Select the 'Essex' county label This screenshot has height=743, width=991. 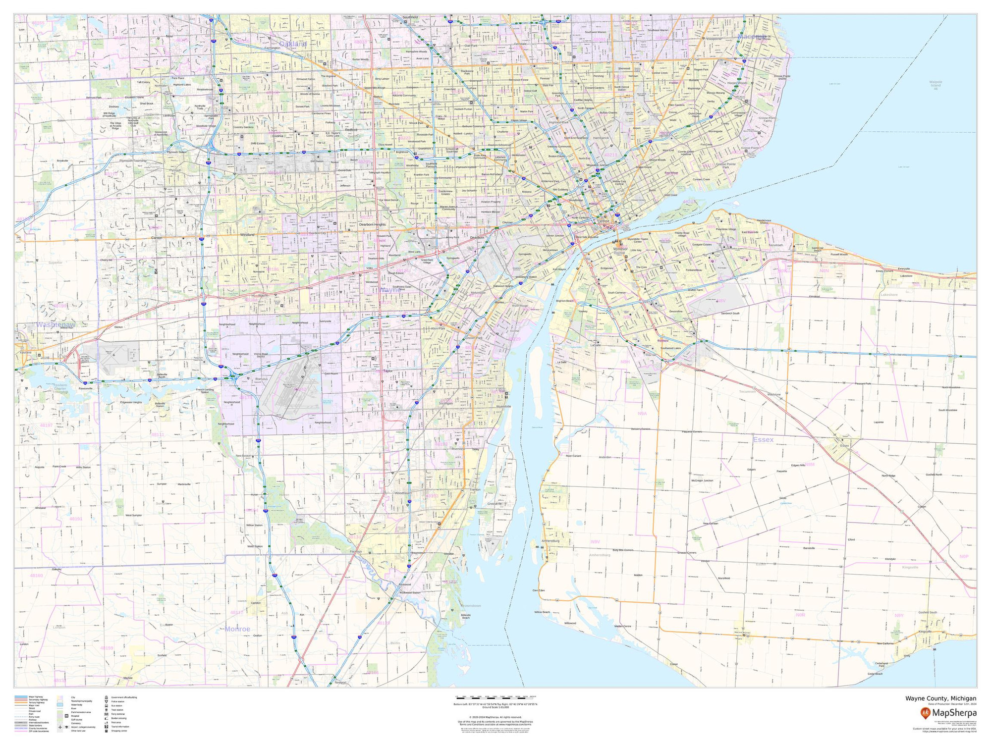click(x=763, y=439)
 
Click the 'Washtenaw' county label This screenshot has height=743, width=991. click(x=55, y=325)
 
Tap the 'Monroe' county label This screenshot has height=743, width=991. click(x=237, y=629)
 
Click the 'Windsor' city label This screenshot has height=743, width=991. click(x=620, y=248)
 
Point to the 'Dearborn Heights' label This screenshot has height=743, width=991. click(x=372, y=224)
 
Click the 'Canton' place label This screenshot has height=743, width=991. click(x=157, y=238)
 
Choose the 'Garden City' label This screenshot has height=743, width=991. click(x=317, y=233)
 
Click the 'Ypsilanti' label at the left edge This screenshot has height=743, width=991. click(x=25, y=352)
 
